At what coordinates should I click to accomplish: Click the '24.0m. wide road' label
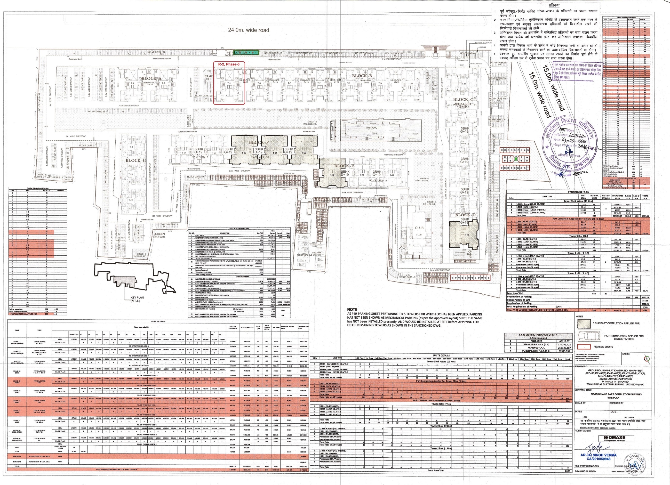(248, 30)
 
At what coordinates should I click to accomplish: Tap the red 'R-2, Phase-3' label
(229, 64)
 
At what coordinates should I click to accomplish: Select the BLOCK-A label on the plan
(152, 78)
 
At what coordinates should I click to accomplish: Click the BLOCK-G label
(136, 161)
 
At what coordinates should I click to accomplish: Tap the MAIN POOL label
(371, 128)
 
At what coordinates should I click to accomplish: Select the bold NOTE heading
(352, 309)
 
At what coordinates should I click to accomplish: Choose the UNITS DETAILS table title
(441, 356)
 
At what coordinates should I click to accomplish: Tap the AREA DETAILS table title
(158, 321)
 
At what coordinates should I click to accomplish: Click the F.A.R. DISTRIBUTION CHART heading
(536, 335)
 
